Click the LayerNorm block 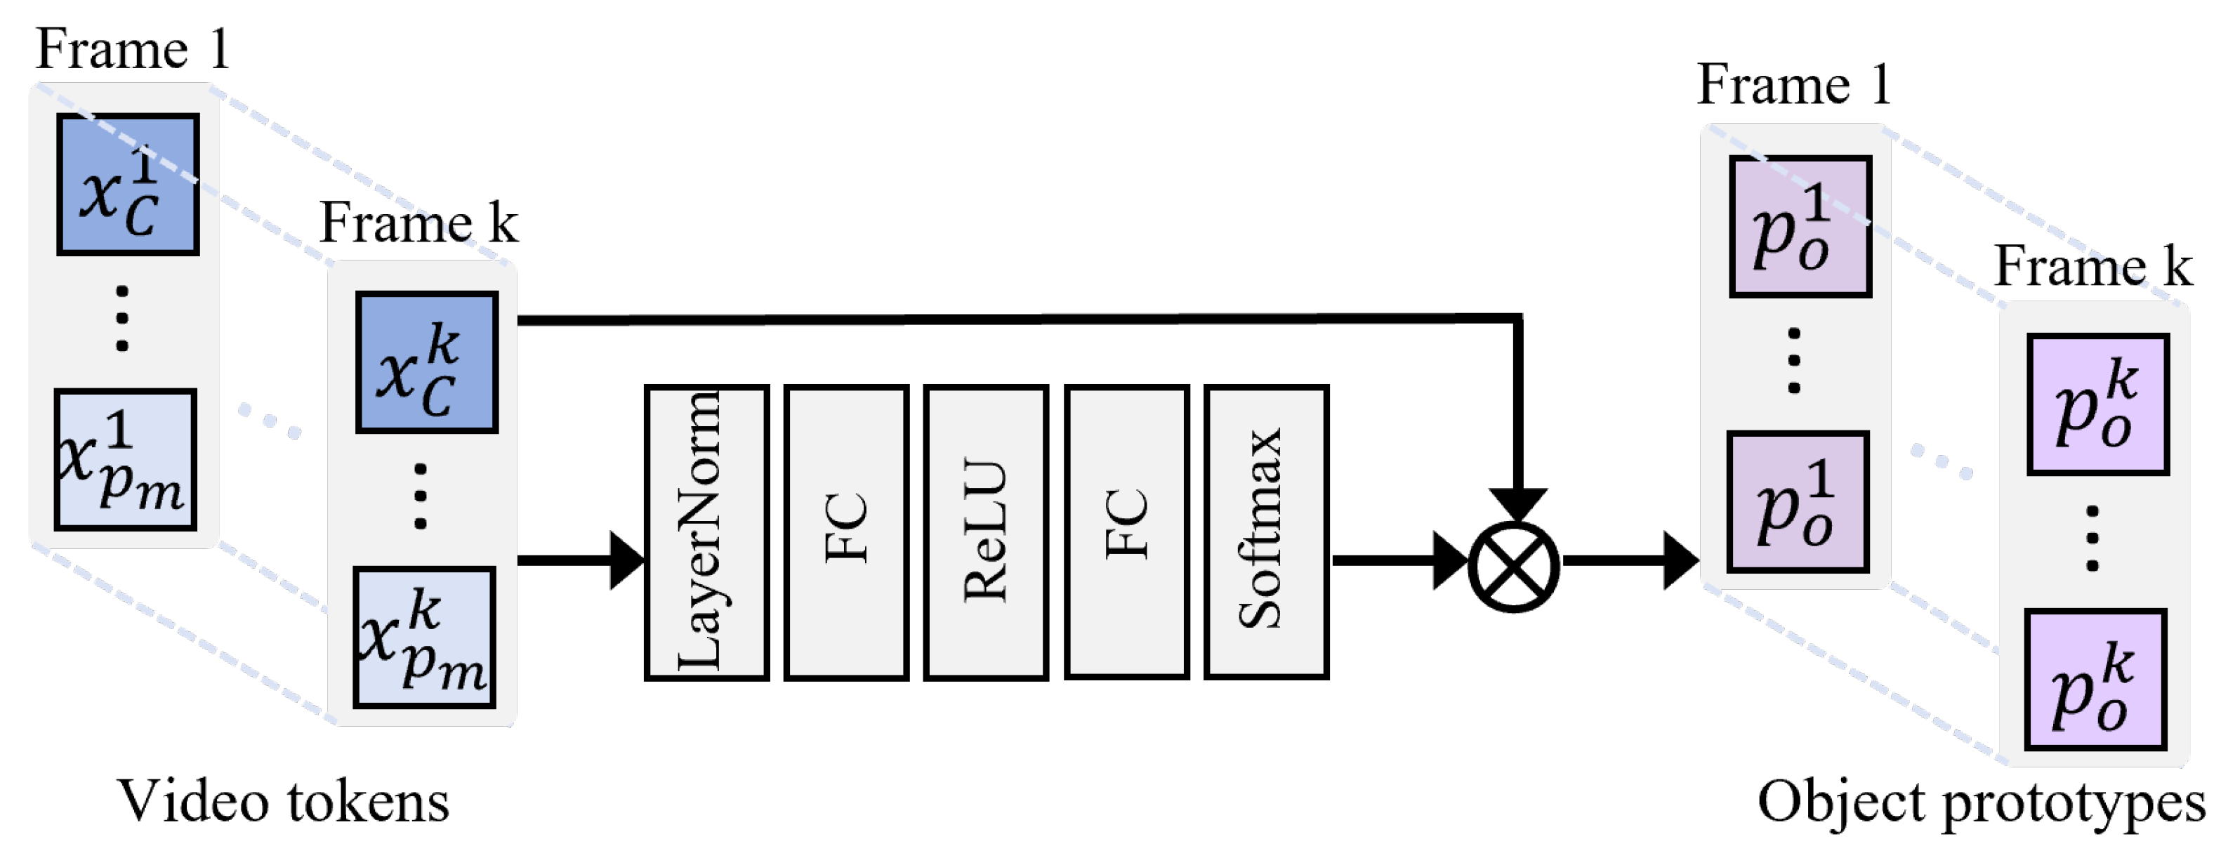(x=706, y=533)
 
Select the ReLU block (x=986, y=533)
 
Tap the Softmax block (x=1265, y=533)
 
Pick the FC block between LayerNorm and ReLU (x=846, y=533)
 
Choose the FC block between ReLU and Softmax (x=1126, y=533)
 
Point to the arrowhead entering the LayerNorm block (x=626, y=560)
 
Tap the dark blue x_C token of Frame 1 (x=128, y=184)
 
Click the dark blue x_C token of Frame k (x=426, y=362)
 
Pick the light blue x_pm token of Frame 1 (x=126, y=459)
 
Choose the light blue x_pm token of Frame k (x=425, y=638)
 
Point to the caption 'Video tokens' (x=283, y=801)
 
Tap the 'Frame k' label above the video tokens (x=418, y=223)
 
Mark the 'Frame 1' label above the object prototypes (x=1794, y=85)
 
